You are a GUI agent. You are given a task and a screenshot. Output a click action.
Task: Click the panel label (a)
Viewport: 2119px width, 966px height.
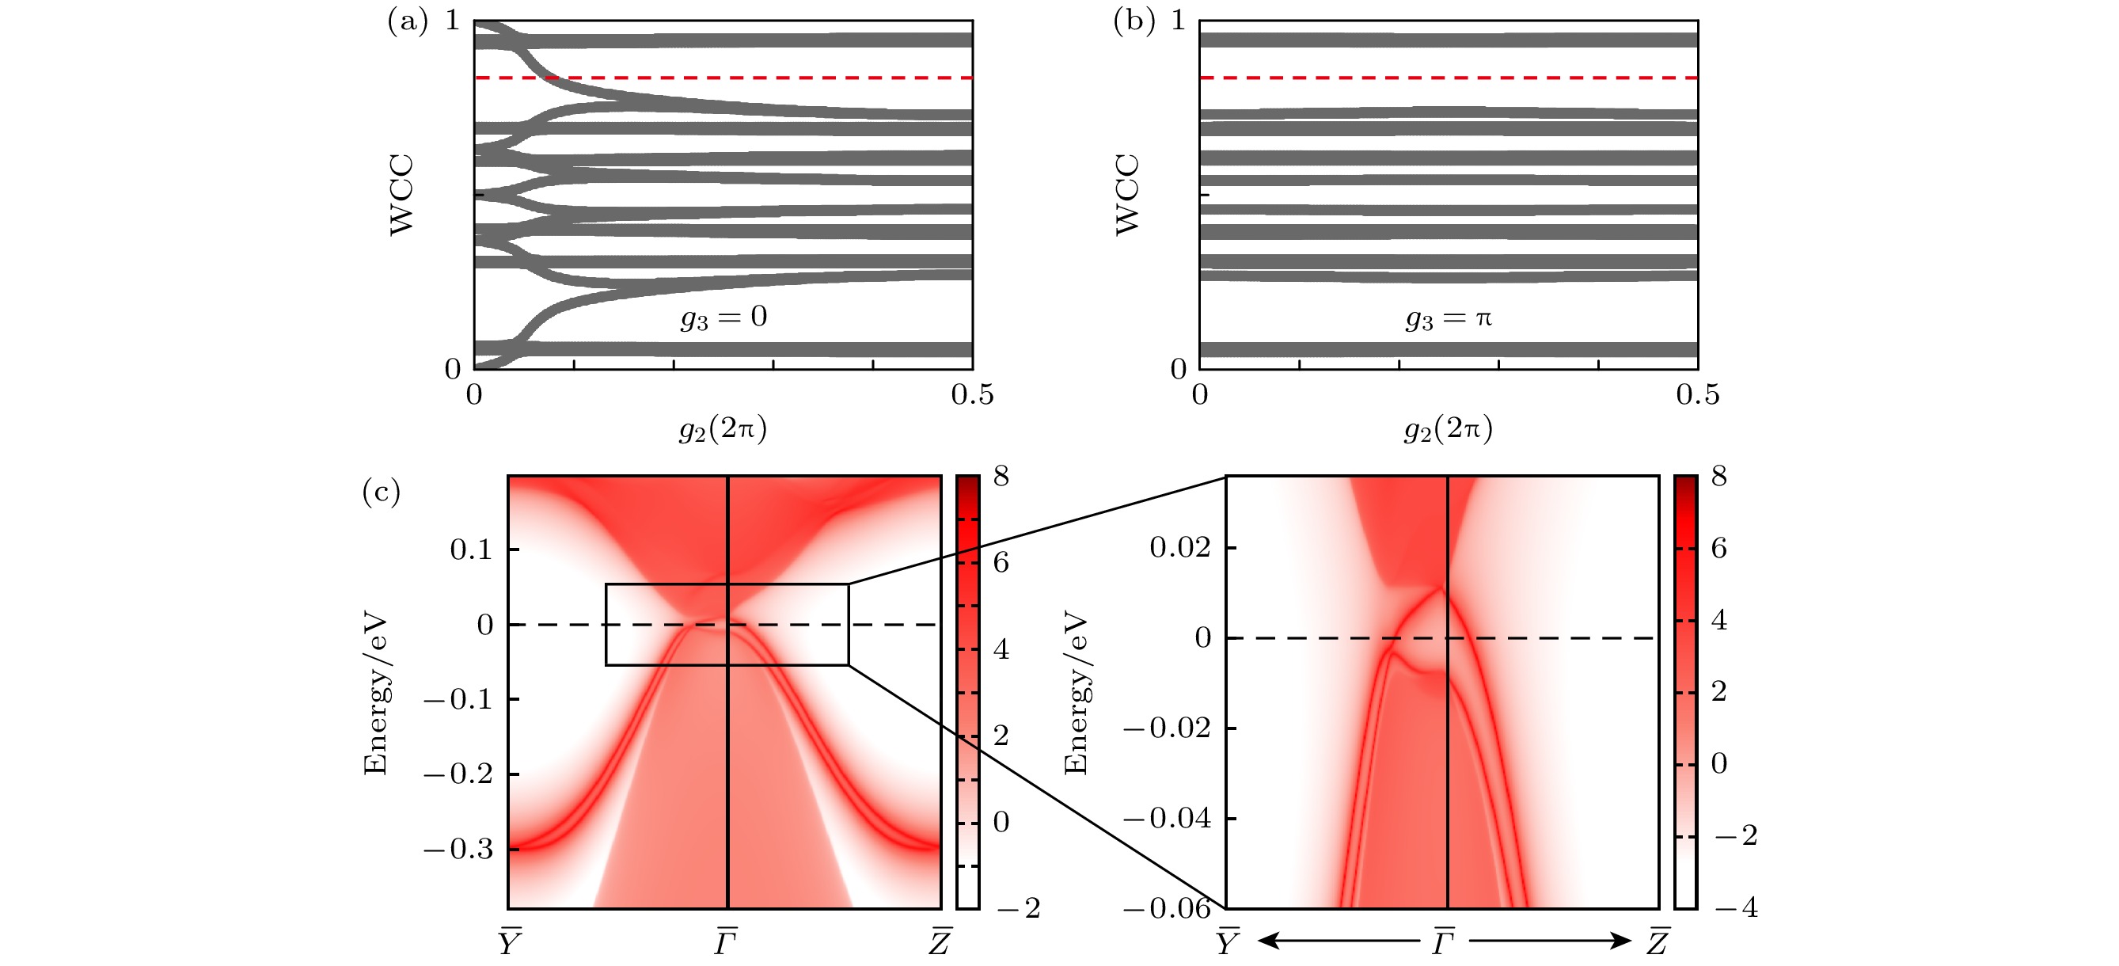point(407,21)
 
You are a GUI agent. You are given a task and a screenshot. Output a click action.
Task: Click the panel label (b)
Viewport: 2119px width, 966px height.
point(1134,21)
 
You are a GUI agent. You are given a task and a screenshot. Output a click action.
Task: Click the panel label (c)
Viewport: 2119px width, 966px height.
point(382,492)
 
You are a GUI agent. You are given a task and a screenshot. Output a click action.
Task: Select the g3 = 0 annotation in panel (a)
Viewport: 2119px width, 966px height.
point(724,317)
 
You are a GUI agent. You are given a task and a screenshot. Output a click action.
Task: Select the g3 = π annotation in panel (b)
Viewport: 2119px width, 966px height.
point(1449,318)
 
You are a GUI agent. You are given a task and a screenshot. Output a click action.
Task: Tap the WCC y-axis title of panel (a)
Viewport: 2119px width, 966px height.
point(401,195)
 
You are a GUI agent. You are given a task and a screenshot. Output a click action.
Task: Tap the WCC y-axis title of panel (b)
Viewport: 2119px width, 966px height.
point(1127,195)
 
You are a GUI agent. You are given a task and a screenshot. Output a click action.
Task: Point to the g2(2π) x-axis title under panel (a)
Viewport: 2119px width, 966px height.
point(723,428)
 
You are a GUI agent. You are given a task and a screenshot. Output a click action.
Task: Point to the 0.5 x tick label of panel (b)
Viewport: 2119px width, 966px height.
point(1698,395)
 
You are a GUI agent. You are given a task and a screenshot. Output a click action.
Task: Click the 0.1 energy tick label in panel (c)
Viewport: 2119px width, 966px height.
point(470,549)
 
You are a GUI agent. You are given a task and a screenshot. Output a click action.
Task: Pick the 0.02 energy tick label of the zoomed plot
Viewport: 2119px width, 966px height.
point(1179,546)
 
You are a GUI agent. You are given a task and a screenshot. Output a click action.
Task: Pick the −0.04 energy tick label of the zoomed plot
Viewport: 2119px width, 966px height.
point(1168,818)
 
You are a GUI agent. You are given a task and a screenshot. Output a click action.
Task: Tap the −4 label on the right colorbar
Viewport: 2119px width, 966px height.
point(1736,907)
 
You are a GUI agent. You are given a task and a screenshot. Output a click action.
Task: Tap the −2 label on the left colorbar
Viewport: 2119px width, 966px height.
point(1019,907)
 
